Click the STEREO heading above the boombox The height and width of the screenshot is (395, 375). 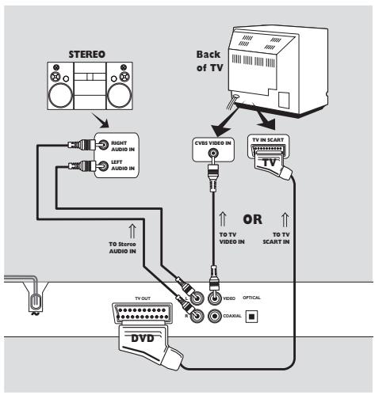point(86,55)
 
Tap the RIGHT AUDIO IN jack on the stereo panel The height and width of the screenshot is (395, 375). point(103,145)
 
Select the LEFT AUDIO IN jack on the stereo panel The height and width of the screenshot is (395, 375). point(103,166)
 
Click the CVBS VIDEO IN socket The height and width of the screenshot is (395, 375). point(213,153)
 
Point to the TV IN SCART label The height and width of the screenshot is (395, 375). point(268,140)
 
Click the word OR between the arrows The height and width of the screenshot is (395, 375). point(253,219)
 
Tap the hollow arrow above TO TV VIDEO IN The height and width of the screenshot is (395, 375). point(223,219)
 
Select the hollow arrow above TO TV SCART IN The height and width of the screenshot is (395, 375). point(285,219)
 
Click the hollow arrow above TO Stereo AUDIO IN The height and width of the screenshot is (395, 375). point(132,230)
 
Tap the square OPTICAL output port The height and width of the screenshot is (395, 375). point(252,316)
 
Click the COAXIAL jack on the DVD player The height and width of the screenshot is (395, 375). point(214,316)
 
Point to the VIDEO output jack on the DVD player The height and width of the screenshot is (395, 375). point(214,298)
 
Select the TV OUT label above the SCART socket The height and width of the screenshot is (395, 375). point(143,298)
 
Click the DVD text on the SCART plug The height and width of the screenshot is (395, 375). point(143,338)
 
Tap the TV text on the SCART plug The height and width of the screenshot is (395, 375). point(270,162)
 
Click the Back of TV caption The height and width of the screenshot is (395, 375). point(209,61)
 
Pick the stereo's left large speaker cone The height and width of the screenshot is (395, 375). point(60,96)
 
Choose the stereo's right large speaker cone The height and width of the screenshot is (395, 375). point(120,96)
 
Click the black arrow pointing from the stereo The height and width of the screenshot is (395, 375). point(101,120)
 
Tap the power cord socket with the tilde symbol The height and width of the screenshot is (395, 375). point(35,302)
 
